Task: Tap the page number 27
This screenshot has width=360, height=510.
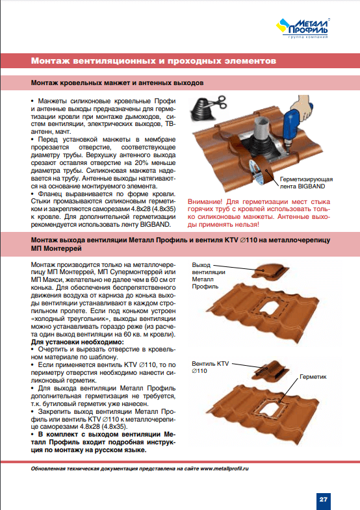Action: click(x=323, y=499)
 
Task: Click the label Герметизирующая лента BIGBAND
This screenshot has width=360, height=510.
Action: click(x=306, y=183)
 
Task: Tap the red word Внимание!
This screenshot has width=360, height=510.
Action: click(x=205, y=201)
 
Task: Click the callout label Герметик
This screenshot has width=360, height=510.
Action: click(x=313, y=377)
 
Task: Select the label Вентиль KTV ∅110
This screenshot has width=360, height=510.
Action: click(x=210, y=367)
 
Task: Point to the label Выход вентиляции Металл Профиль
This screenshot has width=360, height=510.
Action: click(x=208, y=275)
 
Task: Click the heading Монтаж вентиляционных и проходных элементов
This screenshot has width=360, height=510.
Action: click(x=153, y=61)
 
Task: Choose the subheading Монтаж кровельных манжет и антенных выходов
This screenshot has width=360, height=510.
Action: click(x=117, y=83)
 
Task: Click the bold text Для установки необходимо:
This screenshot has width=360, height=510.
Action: click(x=77, y=342)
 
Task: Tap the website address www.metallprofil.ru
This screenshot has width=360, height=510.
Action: click(x=224, y=468)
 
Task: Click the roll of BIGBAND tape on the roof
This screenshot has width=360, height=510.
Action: click(x=261, y=172)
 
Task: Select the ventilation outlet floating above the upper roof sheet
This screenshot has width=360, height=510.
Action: click(x=270, y=271)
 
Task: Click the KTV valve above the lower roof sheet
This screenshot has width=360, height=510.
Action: click(x=270, y=368)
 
